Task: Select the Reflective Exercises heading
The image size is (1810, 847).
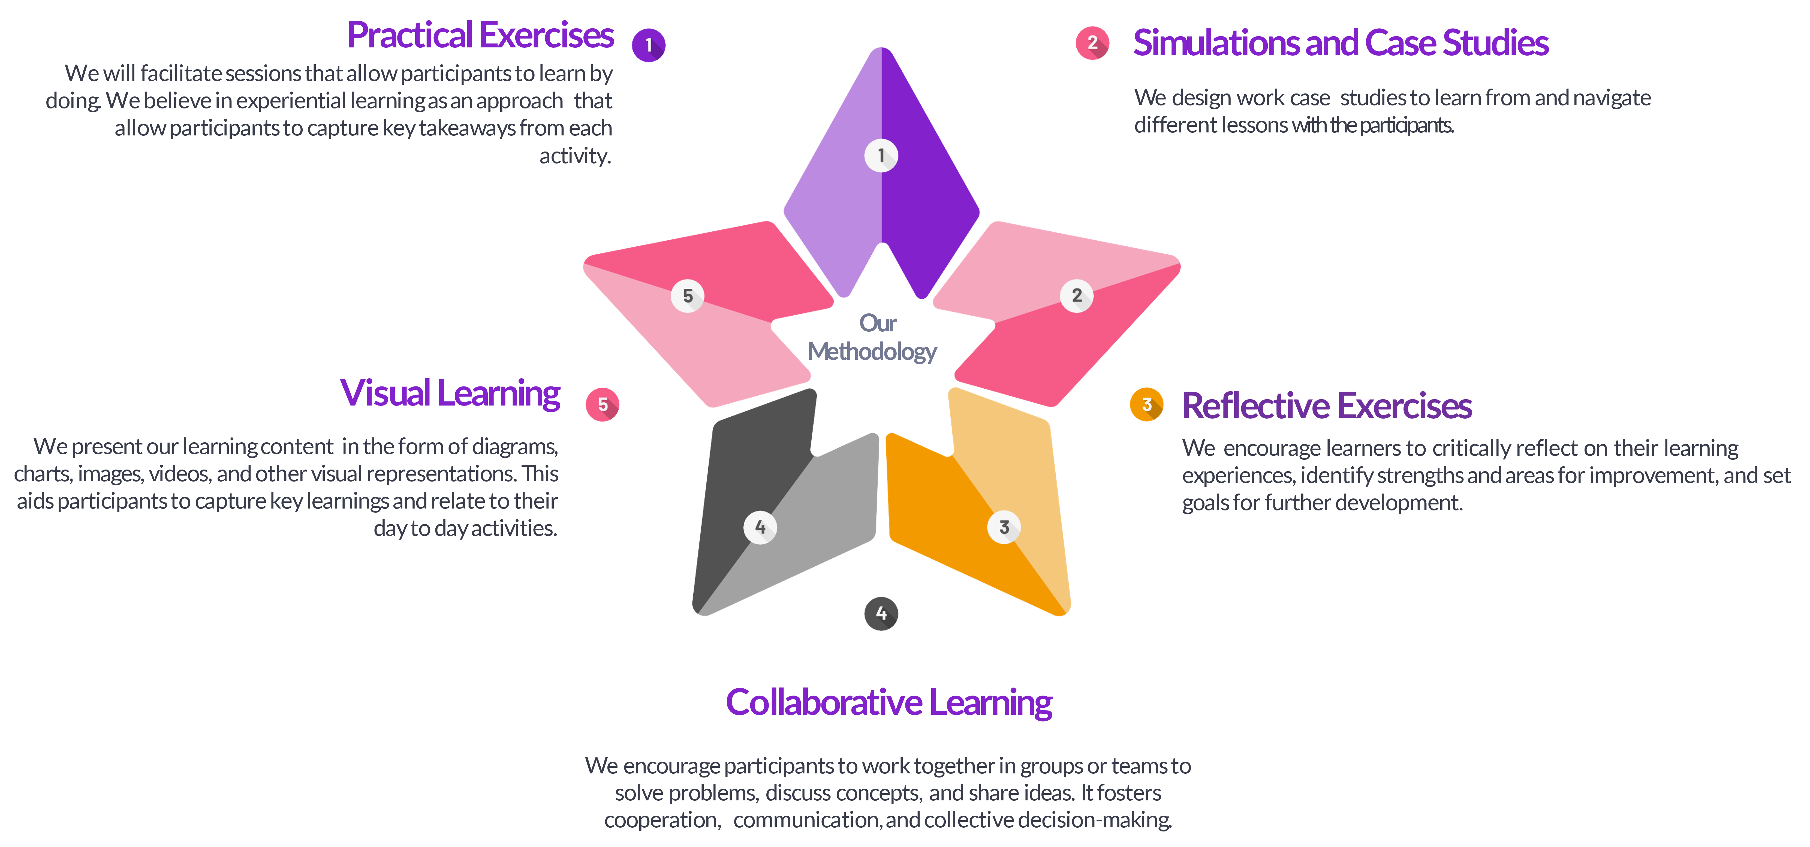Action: tap(1326, 406)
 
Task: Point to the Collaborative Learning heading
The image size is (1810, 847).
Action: tap(889, 702)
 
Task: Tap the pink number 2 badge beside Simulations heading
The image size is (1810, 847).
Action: tap(1092, 43)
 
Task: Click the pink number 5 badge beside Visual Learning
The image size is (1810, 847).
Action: tap(602, 404)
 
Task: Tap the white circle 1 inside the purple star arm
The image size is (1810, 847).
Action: tap(881, 155)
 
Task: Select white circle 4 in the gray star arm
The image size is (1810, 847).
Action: tap(760, 527)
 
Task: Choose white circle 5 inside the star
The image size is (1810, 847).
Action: tap(687, 296)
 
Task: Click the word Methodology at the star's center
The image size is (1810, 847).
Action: tap(872, 351)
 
